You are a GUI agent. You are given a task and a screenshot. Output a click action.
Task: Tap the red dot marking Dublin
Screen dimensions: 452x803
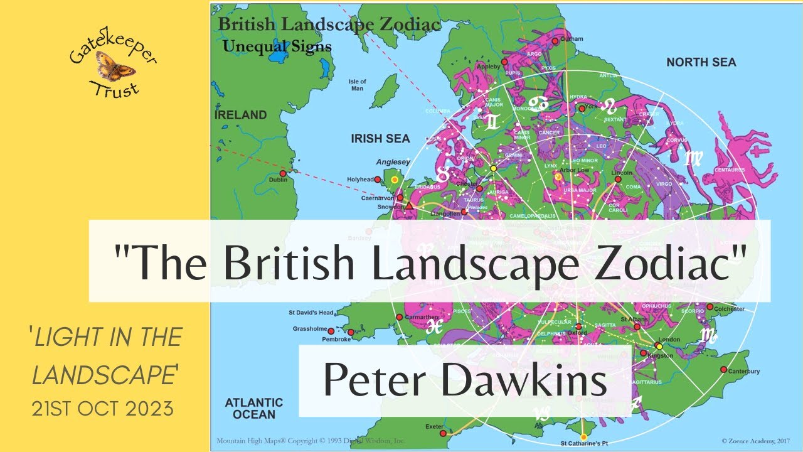coord(282,173)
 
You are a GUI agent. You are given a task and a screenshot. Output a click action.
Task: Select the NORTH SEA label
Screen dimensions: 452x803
coord(701,62)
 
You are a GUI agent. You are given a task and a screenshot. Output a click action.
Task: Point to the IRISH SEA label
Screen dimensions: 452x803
coord(380,139)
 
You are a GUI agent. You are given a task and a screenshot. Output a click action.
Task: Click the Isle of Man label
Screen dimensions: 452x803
coord(357,85)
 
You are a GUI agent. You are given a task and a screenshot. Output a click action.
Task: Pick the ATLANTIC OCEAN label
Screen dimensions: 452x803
coord(253,408)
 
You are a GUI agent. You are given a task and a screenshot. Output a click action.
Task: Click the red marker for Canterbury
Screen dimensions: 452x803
coord(723,369)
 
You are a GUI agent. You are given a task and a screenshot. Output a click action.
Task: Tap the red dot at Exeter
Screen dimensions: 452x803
coord(443,433)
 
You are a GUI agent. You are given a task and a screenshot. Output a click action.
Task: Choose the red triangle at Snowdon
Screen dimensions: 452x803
coord(409,205)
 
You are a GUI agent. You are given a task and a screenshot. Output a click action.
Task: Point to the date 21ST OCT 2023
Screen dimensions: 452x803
coord(102,409)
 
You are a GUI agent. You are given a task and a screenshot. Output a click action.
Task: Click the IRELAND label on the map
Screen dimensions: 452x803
coord(241,115)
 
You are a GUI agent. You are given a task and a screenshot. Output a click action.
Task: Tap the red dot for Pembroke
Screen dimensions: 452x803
coord(350,332)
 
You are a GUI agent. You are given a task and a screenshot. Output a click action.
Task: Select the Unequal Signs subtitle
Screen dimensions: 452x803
coord(277,46)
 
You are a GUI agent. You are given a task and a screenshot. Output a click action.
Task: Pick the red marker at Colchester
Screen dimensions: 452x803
coord(710,307)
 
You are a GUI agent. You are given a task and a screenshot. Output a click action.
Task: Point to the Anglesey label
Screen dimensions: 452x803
coord(393,162)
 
